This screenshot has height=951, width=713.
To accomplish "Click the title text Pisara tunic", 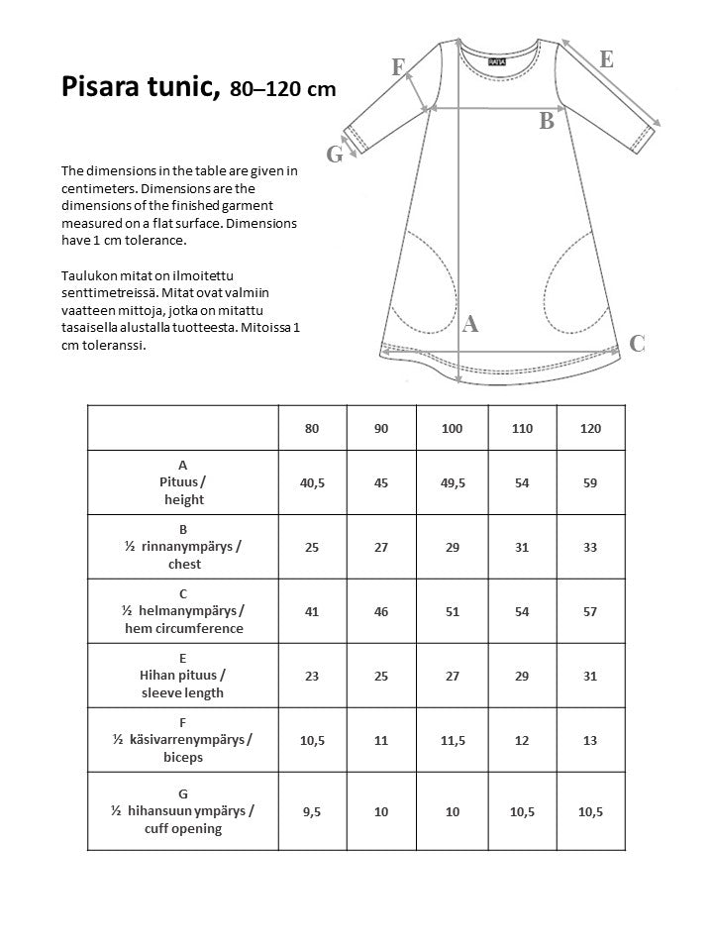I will (x=140, y=87).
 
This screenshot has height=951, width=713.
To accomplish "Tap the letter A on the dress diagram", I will (x=470, y=323).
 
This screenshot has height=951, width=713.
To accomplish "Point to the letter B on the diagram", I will (x=546, y=122).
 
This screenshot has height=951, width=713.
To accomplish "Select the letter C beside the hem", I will (x=638, y=344).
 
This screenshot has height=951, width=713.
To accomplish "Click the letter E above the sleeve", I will (x=606, y=58).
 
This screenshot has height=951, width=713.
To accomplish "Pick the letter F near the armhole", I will (x=398, y=67).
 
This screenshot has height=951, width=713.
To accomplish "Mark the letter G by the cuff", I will (x=335, y=154).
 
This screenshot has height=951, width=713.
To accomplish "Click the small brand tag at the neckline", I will (x=495, y=60).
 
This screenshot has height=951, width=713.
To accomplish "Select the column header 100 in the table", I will (x=453, y=428).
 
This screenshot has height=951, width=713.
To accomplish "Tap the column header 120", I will (x=591, y=428).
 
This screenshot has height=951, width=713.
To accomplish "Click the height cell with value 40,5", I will (x=313, y=481).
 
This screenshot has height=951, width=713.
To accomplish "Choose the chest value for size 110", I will (x=522, y=547).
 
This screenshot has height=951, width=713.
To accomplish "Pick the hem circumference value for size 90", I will (x=382, y=611).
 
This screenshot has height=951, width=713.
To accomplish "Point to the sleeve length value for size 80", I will (x=313, y=676).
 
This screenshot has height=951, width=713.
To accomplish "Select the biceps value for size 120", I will (x=591, y=740).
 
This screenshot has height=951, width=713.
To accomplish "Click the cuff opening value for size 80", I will (x=313, y=811).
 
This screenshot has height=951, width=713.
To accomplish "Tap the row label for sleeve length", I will (x=183, y=675).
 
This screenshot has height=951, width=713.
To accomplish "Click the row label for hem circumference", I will (x=183, y=611).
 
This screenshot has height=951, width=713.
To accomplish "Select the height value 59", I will (x=591, y=481).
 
